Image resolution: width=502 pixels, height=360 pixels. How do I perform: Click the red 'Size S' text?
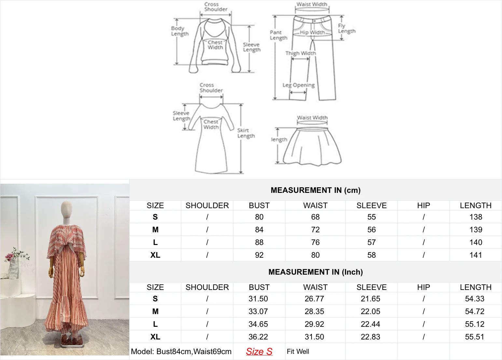pyautogui.click(x=259, y=352)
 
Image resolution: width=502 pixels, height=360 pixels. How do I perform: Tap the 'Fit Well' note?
pyautogui.click(x=298, y=352)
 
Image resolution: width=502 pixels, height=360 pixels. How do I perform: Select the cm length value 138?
pyautogui.click(x=476, y=217)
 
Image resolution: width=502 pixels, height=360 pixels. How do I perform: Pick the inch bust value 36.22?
pyautogui.click(x=258, y=337)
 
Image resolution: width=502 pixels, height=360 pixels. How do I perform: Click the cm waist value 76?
pyautogui.click(x=315, y=242)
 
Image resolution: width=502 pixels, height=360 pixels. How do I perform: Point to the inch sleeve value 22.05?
pyautogui.click(x=370, y=311)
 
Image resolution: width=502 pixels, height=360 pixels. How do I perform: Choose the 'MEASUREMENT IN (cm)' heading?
pyautogui.click(x=315, y=190)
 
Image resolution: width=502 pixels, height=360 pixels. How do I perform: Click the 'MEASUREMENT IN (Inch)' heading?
pyautogui.click(x=315, y=272)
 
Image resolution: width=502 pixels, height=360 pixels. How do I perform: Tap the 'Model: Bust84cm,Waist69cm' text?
pyautogui.click(x=181, y=352)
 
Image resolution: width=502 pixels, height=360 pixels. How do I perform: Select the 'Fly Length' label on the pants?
pyautogui.click(x=346, y=29)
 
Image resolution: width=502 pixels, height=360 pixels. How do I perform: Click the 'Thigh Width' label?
pyautogui.click(x=300, y=53)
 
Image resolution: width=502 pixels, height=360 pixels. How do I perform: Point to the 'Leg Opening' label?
pyautogui.click(x=299, y=85)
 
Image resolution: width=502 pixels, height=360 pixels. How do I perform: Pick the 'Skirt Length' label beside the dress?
pyautogui.click(x=246, y=133)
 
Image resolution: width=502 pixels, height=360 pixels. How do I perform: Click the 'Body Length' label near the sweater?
pyautogui.click(x=180, y=31)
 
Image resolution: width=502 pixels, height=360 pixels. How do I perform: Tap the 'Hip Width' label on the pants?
pyautogui.click(x=312, y=32)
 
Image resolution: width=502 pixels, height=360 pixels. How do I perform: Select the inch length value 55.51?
pyautogui.click(x=475, y=337)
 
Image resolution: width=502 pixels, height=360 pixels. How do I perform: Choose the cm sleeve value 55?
pyautogui.click(x=371, y=217)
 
